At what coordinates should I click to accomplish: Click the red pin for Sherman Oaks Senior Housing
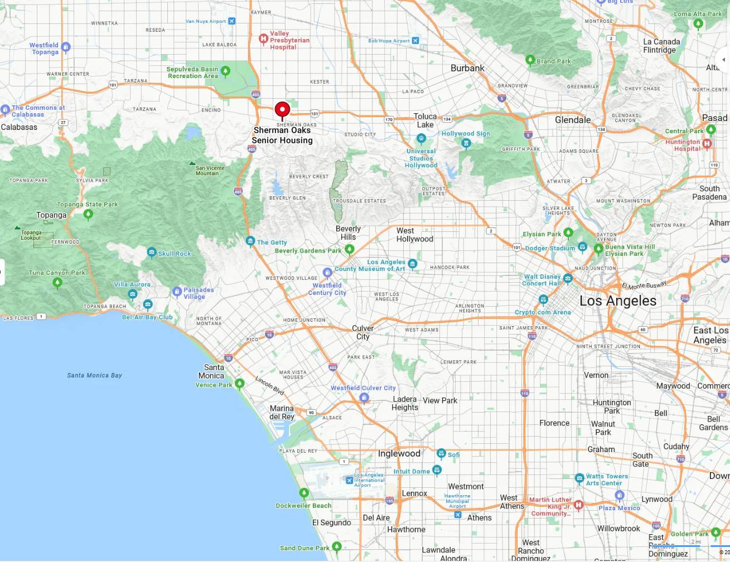click(282, 109)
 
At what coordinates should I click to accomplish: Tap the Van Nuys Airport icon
click(232, 21)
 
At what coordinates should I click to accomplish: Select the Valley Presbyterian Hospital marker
click(263, 39)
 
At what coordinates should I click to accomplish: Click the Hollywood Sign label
click(465, 134)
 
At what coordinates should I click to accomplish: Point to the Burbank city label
click(467, 68)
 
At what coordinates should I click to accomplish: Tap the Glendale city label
click(572, 120)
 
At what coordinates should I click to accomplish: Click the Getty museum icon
click(250, 241)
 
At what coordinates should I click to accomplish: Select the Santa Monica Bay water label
click(94, 375)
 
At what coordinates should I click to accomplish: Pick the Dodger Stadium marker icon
click(582, 246)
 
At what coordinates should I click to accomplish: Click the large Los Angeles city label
click(617, 301)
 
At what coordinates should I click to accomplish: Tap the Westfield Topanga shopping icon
click(66, 47)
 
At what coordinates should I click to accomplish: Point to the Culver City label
click(362, 332)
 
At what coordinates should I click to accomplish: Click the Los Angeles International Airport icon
click(349, 480)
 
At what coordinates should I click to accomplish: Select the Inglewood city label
click(399, 453)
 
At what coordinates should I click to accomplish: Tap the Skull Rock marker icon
click(152, 253)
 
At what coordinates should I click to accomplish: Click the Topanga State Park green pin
click(88, 214)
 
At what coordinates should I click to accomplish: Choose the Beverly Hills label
click(348, 232)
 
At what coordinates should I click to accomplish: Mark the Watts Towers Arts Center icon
click(579, 478)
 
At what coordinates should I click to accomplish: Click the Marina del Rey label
click(282, 413)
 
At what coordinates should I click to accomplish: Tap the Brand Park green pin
click(530, 60)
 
